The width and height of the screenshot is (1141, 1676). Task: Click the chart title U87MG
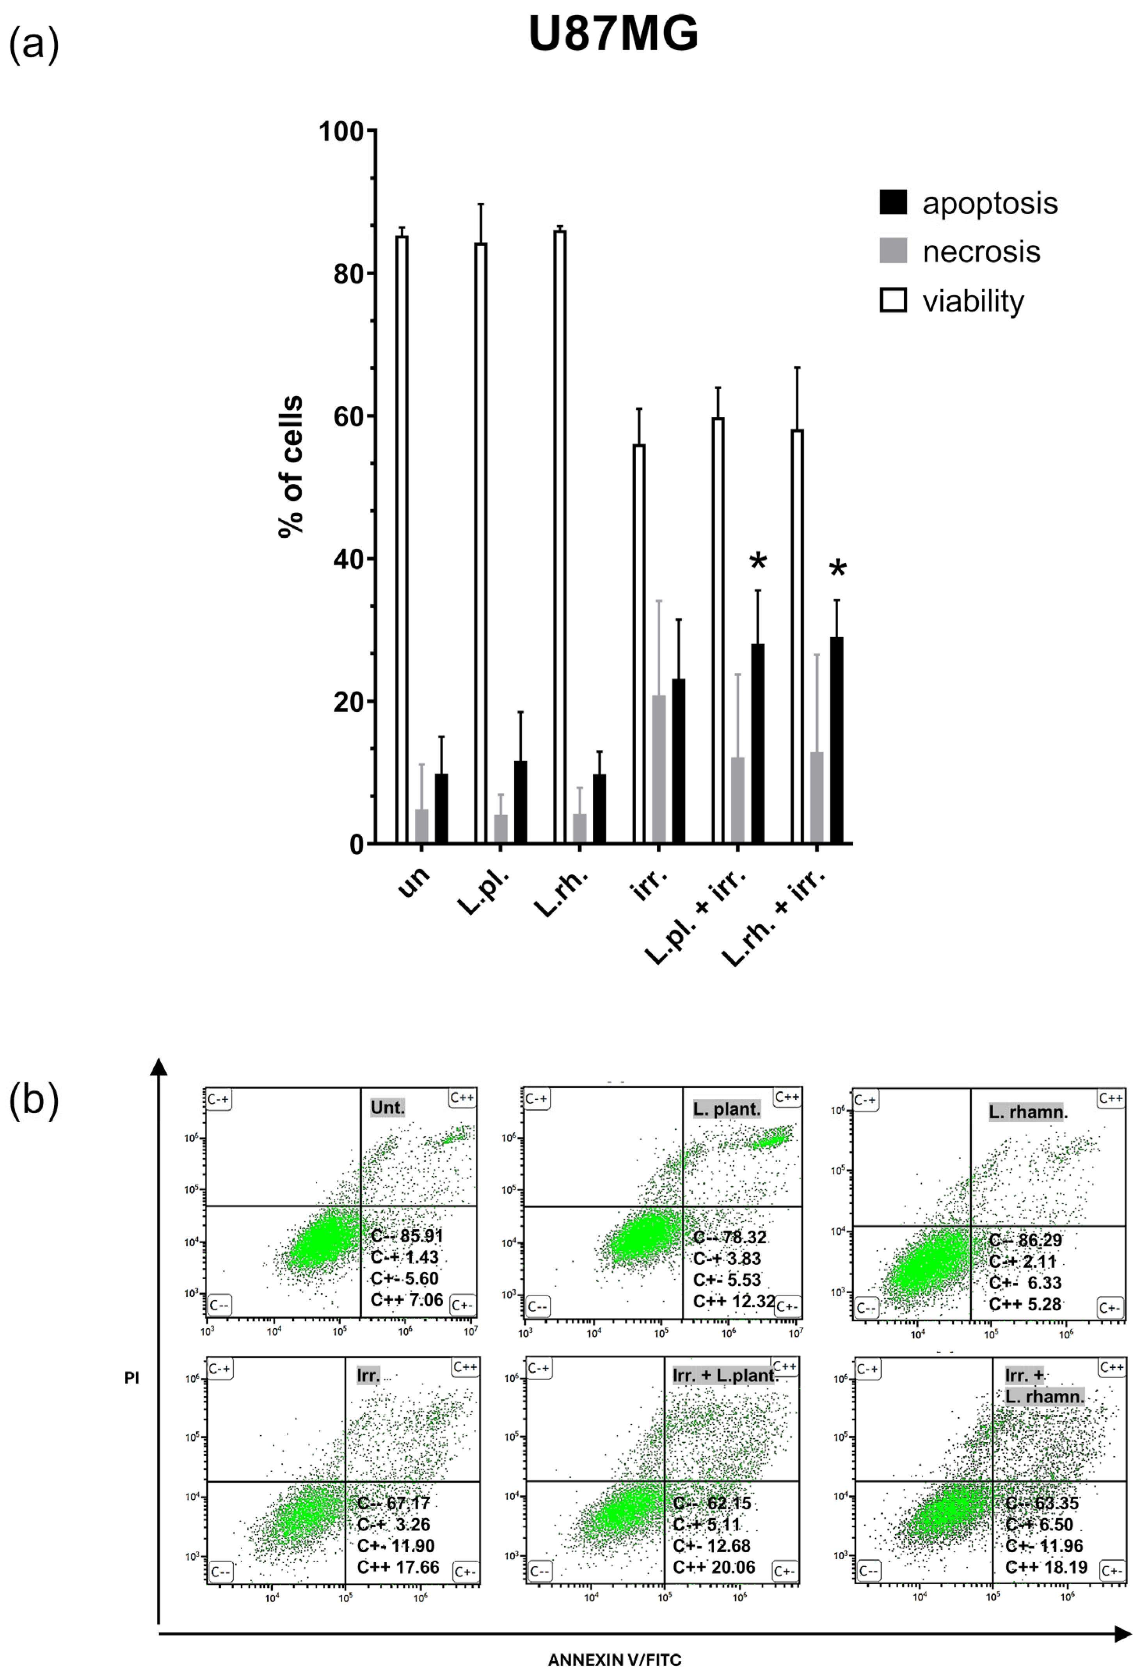pos(613,34)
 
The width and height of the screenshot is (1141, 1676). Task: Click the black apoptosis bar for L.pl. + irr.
pos(757,743)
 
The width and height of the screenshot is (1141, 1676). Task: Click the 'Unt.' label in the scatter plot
pos(387,1107)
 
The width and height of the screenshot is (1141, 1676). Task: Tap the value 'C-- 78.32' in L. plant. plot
pos(729,1237)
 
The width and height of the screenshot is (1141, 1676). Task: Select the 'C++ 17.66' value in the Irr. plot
pos(397,1567)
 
